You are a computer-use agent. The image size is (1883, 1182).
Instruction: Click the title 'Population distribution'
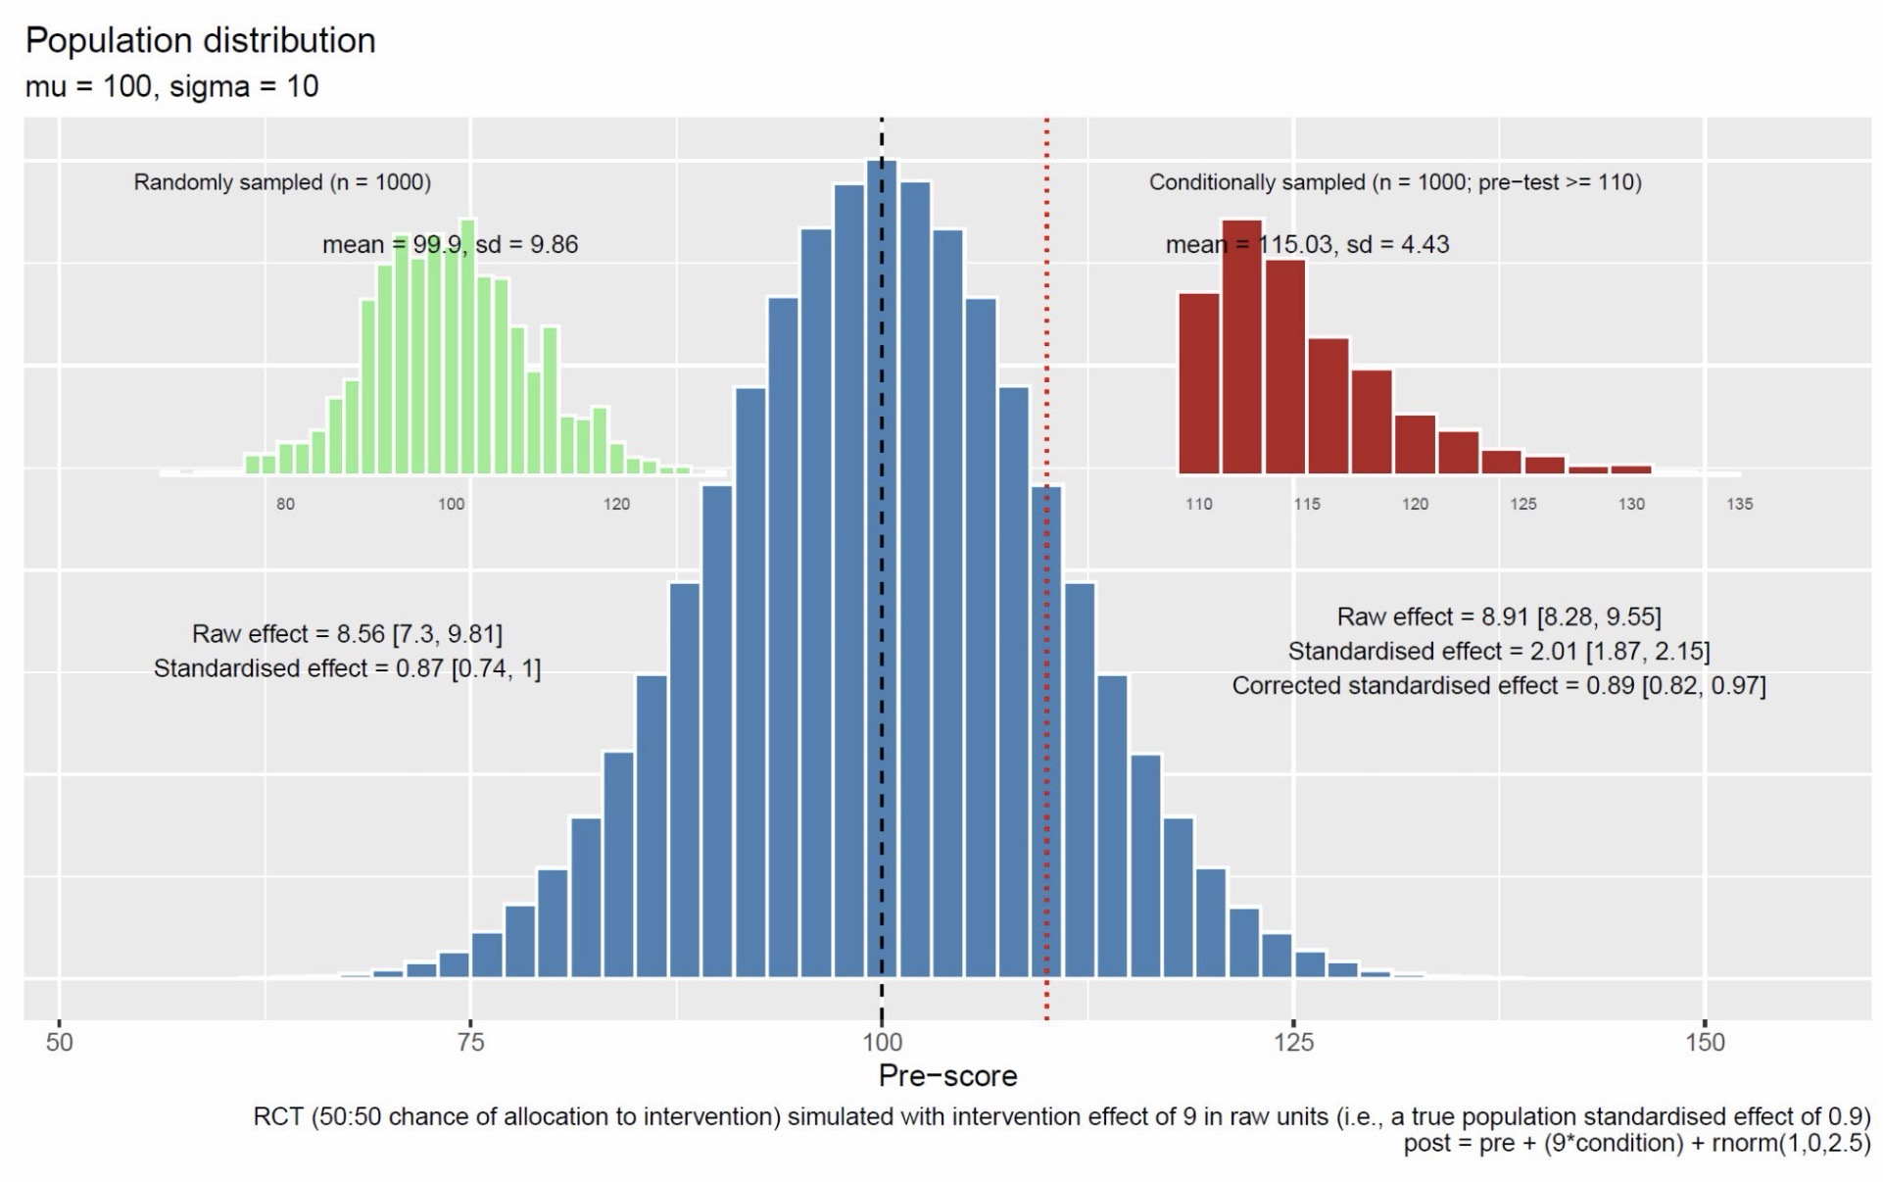200,40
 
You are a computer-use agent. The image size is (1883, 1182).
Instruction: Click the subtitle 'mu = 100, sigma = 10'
171,86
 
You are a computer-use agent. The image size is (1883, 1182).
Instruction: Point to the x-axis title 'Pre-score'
947,1075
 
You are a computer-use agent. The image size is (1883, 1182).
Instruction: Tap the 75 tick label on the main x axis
470,1042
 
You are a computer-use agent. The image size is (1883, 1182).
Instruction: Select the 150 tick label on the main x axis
1705,1042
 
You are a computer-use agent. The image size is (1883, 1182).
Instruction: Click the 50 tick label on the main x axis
60,1042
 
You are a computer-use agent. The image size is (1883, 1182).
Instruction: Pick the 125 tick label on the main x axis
1293,1042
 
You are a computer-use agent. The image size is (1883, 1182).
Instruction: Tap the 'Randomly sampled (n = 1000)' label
282,182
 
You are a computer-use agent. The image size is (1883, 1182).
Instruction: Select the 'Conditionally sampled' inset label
1395,182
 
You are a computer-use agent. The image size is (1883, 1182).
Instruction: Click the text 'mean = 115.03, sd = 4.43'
1307,244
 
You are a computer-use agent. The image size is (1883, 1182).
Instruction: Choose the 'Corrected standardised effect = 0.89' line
1499,685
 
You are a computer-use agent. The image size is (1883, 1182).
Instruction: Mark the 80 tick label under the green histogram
285,504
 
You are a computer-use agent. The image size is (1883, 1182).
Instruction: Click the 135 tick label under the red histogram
1740,504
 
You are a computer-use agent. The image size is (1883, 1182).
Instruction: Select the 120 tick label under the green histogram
616,504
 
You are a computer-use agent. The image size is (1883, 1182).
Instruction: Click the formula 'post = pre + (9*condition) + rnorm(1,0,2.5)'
1636,1143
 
